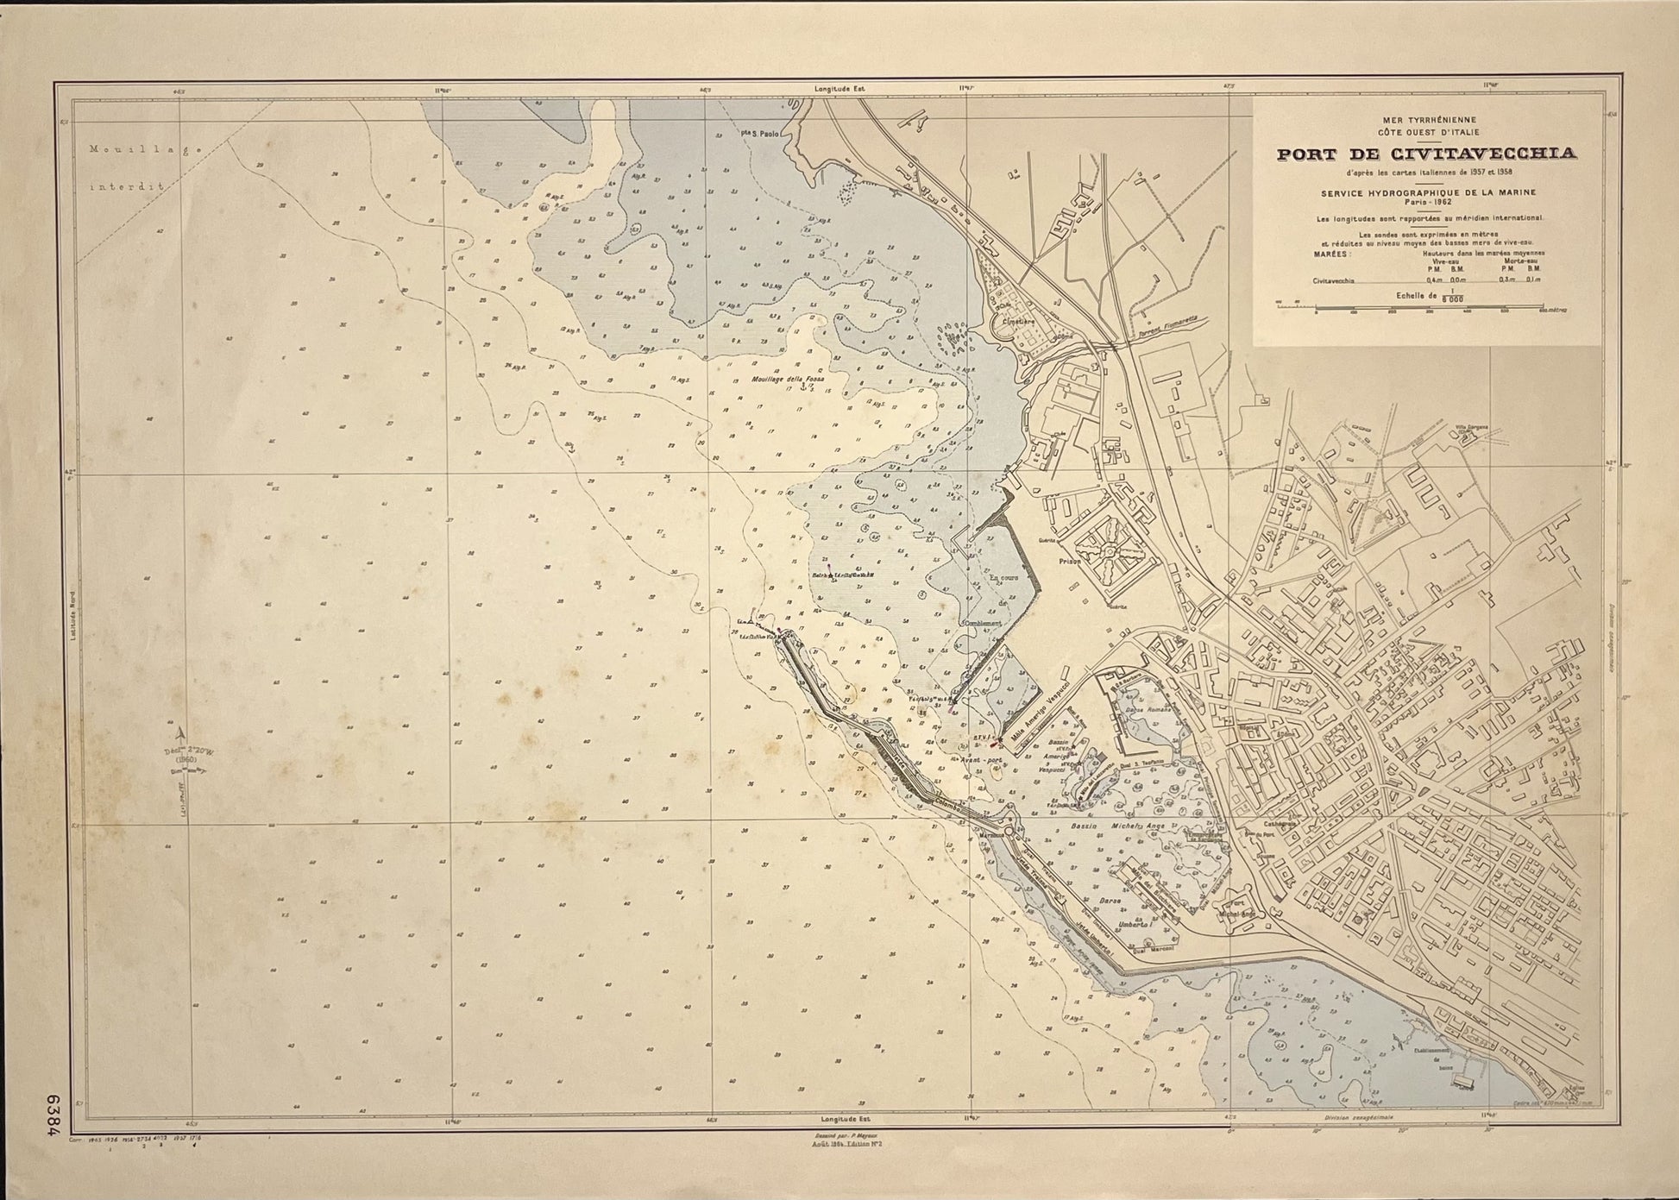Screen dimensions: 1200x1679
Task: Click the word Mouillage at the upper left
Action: tap(145, 148)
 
